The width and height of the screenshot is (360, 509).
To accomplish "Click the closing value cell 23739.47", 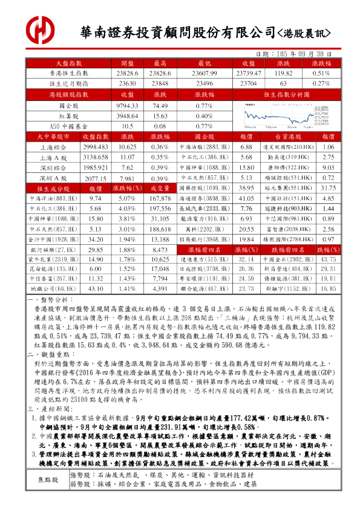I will (x=246, y=73).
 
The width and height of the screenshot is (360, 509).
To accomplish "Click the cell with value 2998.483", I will (x=94, y=148).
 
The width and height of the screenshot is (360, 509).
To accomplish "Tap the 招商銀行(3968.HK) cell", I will (x=205, y=240).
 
